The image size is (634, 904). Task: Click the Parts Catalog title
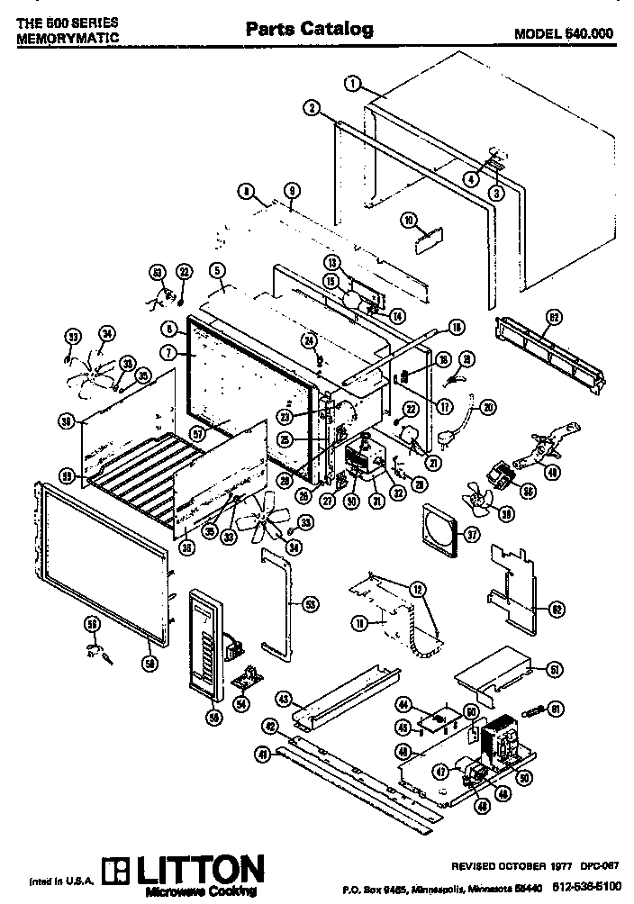point(310,30)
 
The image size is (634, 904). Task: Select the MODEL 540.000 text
point(564,33)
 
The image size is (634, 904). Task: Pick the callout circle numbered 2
point(311,108)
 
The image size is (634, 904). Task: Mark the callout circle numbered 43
point(282,699)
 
